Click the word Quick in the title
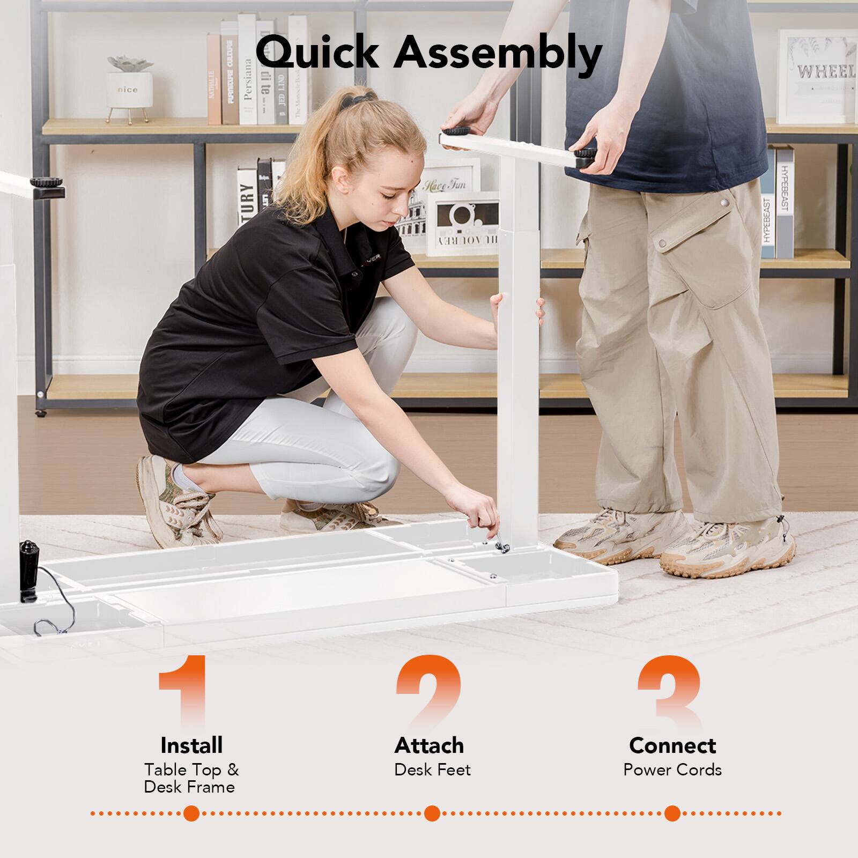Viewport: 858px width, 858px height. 317,53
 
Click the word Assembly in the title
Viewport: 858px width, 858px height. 498,54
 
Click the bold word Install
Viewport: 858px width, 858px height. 191,745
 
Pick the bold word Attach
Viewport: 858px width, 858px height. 429,745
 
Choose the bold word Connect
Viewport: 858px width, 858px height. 672,745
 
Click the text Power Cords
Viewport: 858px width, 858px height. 672,770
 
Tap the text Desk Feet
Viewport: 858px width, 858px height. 432,770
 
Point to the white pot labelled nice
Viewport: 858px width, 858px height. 128,88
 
